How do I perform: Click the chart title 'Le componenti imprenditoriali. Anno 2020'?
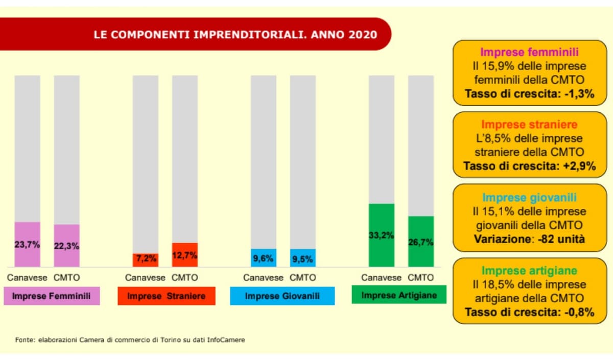pyautogui.click(x=235, y=35)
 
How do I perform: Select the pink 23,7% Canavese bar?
pyautogui.click(x=27, y=244)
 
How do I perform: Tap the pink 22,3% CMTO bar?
pyautogui.click(x=67, y=246)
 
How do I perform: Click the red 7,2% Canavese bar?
pyautogui.click(x=146, y=259)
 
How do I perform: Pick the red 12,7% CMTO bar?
pyautogui.click(x=185, y=254)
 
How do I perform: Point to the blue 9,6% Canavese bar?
pyautogui.click(x=264, y=258)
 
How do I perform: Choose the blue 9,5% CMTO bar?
pyautogui.click(x=303, y=258)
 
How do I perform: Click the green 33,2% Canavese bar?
pyautogui.click(x=382, y=235)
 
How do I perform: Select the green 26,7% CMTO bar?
pyautogui.click(x=421, y=241)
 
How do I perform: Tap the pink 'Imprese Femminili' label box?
pyautogui.click(x=52, y=296)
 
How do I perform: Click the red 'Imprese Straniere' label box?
pyautogui.click(x=167, y=296)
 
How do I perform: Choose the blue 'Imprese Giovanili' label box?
pyautogui.click(x=282, y=296)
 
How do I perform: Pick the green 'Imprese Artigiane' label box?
pyautogui.click(x=399, y=295)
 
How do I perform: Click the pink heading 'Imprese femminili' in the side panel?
pyautogui.click(x=529, y=52)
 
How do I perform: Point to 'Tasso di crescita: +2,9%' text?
pyautogui.click(x=529, y=166)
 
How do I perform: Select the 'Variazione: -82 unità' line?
pyautogui.click(x=529, y=238)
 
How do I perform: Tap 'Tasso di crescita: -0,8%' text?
pyautogui.click(x=529, y=312)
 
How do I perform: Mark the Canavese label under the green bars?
pyautogui.click(x=381, y=278)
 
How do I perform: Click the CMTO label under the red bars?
pyautogui.click(x=185, y=278)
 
